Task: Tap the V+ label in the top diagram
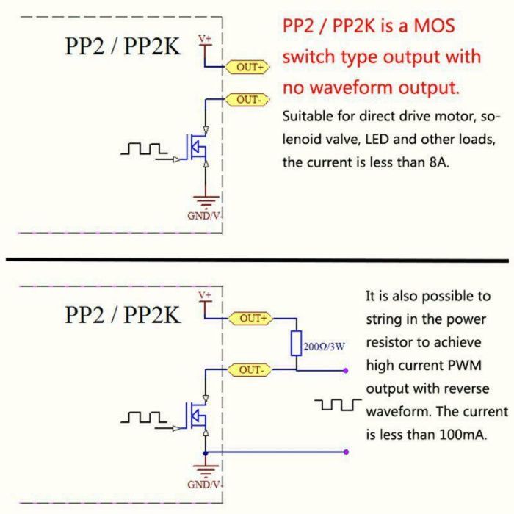[x=206, y=37]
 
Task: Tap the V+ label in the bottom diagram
[x=206, y=295]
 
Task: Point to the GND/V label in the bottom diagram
[x=205, y=485]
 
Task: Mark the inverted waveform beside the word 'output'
[x=338, y=405]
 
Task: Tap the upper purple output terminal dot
[x=346, y=371]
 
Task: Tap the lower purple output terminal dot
[x=346, y=452]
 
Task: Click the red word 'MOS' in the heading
[x=430, y=27]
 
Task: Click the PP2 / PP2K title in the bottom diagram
[x=122, y=315]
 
